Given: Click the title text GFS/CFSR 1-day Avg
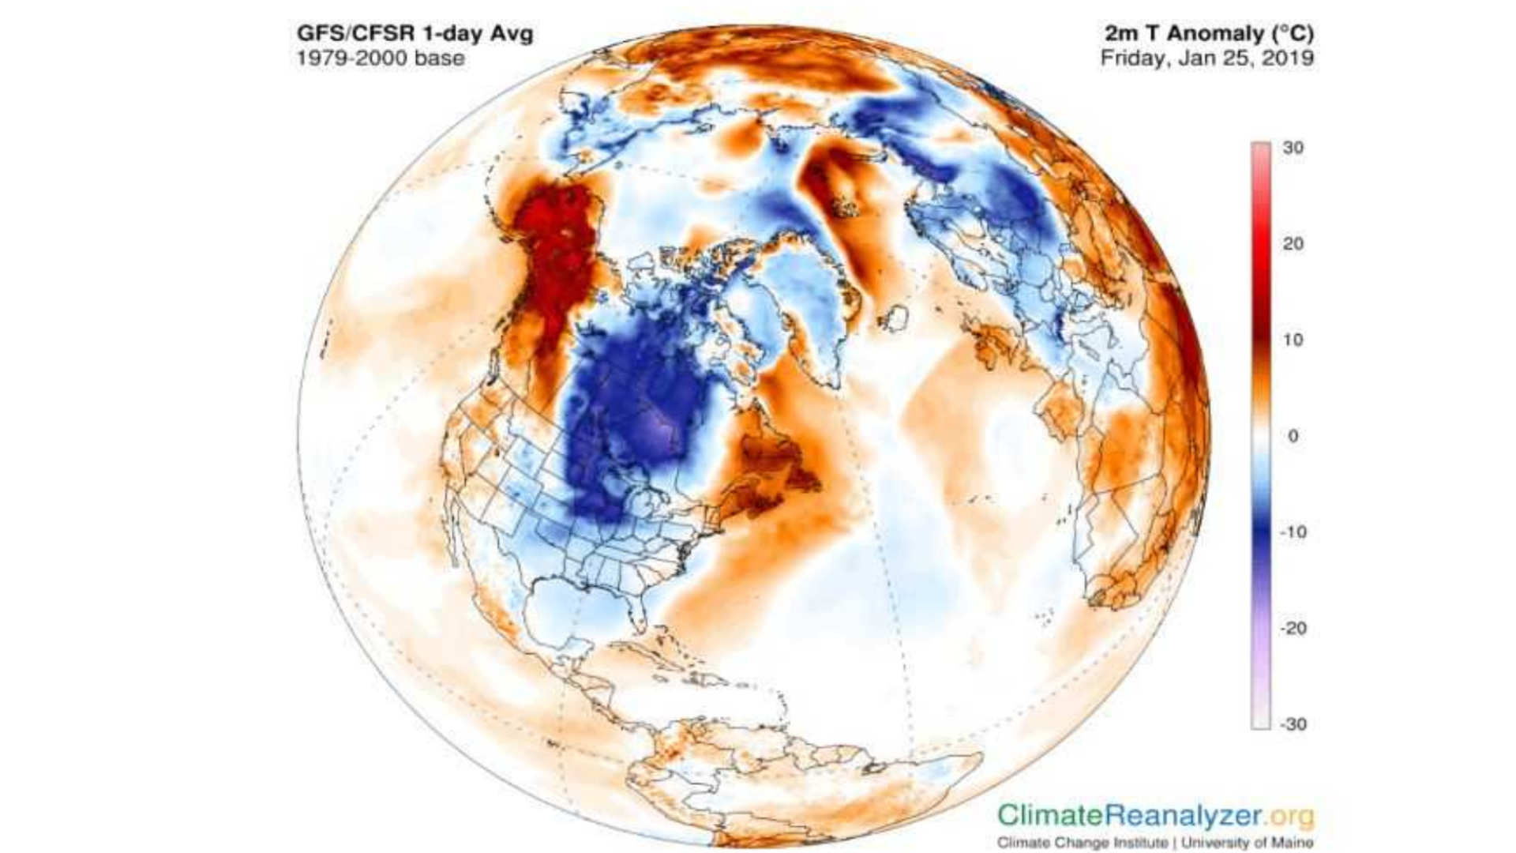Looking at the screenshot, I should pos(415,34).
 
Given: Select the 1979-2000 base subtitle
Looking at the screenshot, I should pos(381,58).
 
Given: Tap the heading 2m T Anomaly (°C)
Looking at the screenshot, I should pos(1208,33).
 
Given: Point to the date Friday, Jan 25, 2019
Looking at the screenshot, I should pos(1206,58).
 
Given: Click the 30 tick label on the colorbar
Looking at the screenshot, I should pos(1293,148).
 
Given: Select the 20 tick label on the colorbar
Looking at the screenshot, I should pos(1293,244).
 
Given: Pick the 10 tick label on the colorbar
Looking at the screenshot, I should pos(1293,340).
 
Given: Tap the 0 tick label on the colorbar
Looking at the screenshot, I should pos(1293,436).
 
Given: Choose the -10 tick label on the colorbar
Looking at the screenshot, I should pos(1293,532).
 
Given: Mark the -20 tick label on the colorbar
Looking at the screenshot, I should pos(1293,629).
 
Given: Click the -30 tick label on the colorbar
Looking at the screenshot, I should pos(1293,724).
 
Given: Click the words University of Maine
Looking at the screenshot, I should pos(1248,843).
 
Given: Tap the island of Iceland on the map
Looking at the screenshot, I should pos(894,318).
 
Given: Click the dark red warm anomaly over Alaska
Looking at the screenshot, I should pos(557,237).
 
